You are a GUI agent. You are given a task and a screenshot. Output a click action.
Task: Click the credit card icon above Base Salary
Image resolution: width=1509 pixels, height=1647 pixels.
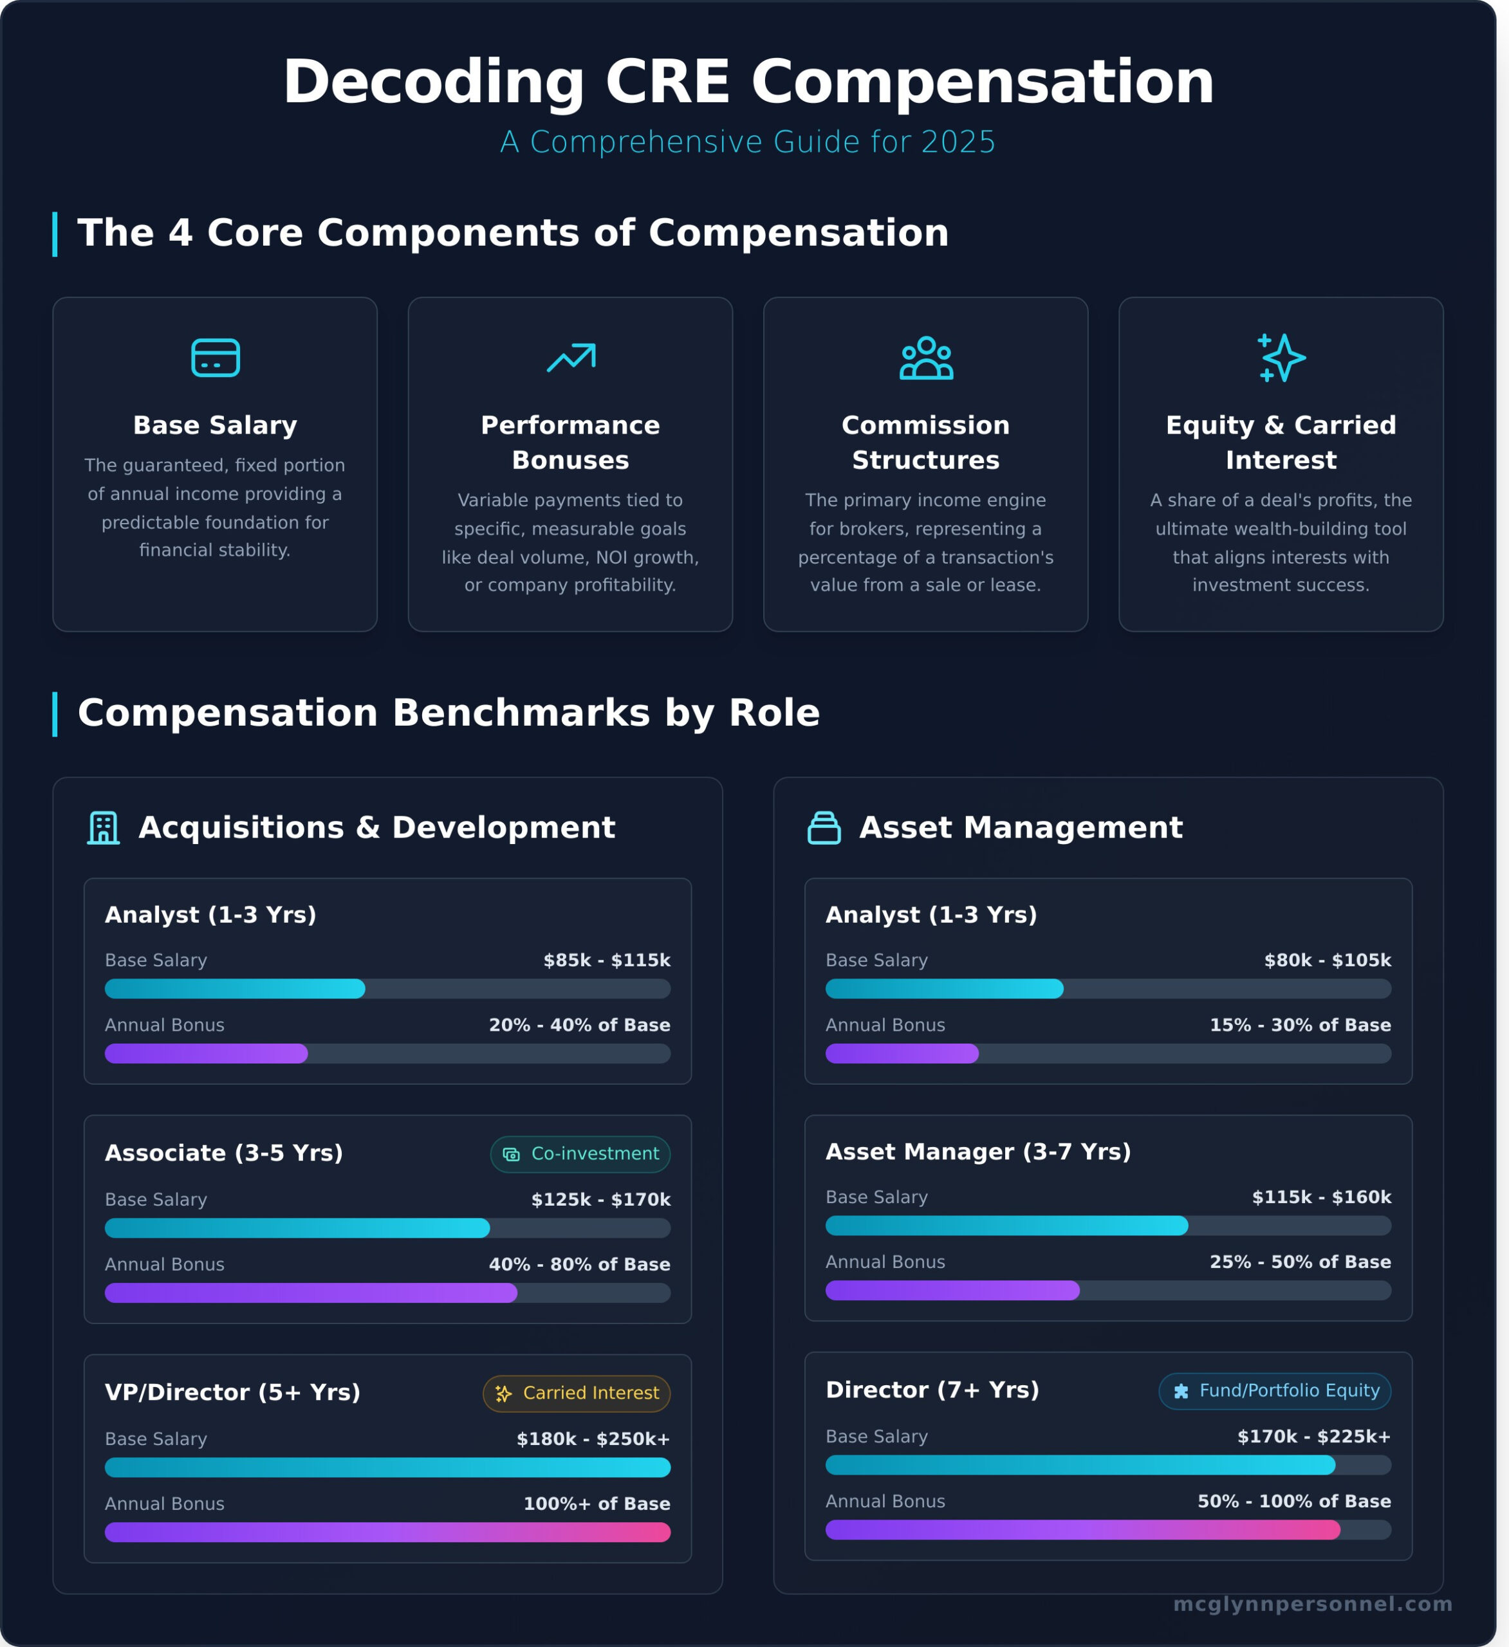tap(215, 358)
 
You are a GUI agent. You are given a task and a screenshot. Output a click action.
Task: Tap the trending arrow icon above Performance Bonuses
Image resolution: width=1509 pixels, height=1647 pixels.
tap(570, 358)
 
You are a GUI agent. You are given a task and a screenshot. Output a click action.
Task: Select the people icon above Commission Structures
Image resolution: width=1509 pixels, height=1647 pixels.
tap(925, 358)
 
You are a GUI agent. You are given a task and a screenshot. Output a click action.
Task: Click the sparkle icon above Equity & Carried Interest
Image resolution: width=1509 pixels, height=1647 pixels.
tap(1281, 358)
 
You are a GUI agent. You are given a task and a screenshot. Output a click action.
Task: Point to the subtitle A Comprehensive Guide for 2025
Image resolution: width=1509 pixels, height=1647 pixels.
tap(748, 142)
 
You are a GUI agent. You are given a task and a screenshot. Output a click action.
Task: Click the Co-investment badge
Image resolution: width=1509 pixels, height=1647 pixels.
tap(580, 1154)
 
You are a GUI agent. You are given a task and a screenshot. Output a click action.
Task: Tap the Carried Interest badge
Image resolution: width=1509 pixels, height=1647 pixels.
tap(576, 1393)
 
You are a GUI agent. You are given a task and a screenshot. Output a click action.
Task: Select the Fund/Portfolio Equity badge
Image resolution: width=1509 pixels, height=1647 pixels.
tap(1275, 1390)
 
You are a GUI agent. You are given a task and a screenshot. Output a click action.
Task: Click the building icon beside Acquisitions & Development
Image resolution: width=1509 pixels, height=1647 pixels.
tap(104, 827)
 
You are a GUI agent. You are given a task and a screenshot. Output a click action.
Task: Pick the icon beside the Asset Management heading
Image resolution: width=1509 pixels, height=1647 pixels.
tap(824, 827)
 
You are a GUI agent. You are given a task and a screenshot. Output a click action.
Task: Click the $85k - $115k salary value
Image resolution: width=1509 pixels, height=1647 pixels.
tap(607, 960)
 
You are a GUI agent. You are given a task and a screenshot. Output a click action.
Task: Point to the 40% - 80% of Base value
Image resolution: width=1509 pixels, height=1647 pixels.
tap(579, 1264)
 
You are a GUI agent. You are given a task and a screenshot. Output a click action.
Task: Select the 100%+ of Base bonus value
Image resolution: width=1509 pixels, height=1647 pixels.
tap(597, 1504)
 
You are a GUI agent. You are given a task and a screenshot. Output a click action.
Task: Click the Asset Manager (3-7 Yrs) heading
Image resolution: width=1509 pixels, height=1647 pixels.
tap(978, 1152)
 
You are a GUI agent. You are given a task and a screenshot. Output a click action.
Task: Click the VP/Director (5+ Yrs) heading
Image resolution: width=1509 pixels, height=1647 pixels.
tap(233, 1392)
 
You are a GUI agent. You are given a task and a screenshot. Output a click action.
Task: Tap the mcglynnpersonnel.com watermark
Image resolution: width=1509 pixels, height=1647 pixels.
tap(1312, 1604)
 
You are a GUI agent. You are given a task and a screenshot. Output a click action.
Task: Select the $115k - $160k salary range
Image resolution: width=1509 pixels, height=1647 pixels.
tap(1321, 1197)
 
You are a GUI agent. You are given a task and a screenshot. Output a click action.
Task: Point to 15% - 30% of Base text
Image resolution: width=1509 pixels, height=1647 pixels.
tap(1300, 1024)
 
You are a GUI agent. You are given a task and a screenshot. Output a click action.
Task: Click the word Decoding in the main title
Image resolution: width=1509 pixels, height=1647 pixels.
tap(433, 82)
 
